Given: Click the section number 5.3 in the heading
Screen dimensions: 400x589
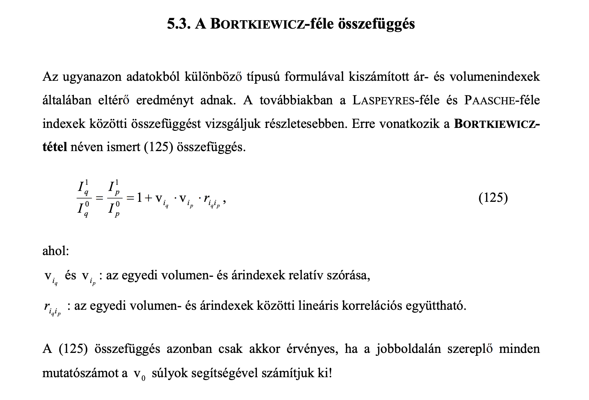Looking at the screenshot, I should click(179, 24).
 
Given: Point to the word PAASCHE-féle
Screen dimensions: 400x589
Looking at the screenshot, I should click(502, 100).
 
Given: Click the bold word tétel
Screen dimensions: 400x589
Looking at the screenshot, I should click(54, 147).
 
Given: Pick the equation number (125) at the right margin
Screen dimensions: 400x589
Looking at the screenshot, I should click(493, 198).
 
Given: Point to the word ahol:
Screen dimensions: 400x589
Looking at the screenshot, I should click(55, 251).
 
